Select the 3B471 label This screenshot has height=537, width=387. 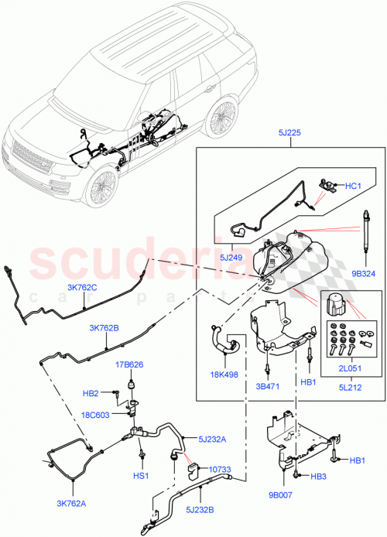(x=265, y=382)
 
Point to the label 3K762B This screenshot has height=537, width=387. (x=104, y=328)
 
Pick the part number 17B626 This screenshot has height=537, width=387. (x=129, y=365)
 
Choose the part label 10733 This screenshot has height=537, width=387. (x=200, y=468)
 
